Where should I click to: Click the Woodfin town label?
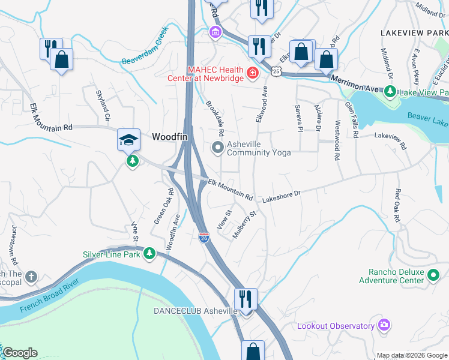tap(170, 137)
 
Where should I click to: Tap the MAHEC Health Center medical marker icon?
tap(253, 74)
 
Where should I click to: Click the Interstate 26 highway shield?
tap(203, 238)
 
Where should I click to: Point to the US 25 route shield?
tap(275, 71)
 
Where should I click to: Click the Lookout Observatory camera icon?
tap(384, 325)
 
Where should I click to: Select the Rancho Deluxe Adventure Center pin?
tap(434, 276)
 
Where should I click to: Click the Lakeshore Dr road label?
tap(279, 196)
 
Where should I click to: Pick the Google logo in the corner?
tap(20, 353)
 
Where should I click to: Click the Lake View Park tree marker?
tap(390, 92)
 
